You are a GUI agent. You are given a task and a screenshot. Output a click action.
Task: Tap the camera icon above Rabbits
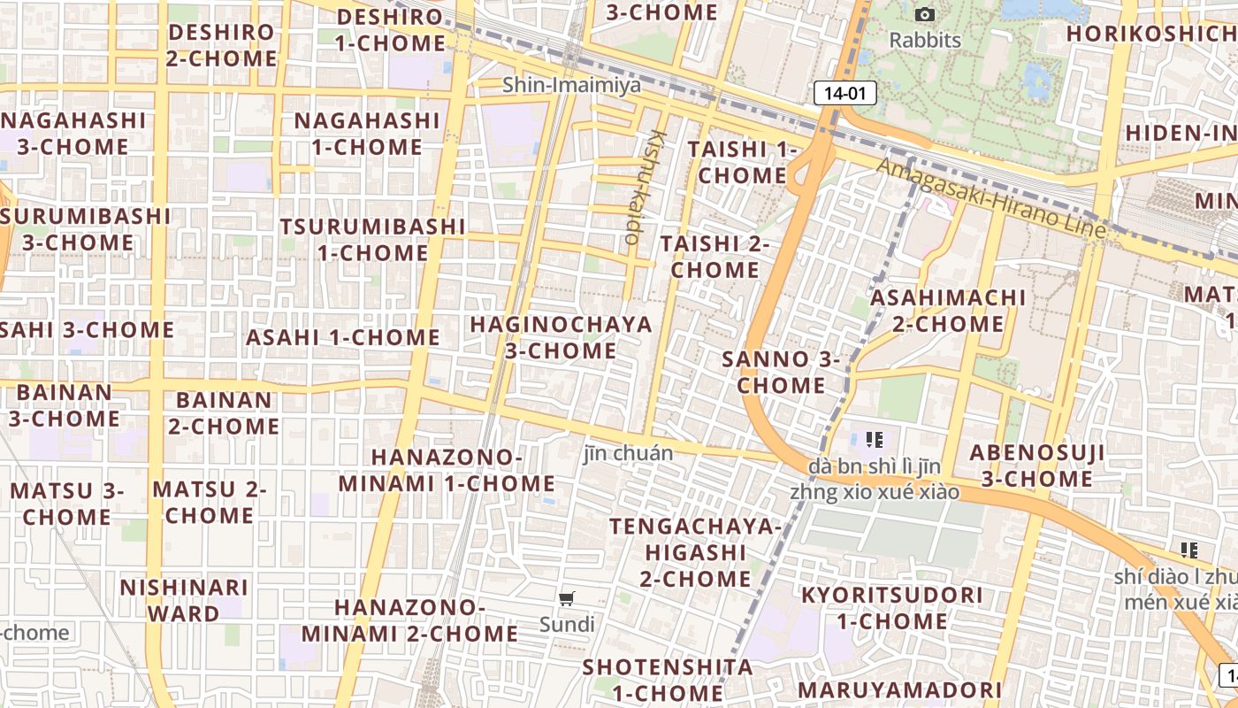tap(925, 15)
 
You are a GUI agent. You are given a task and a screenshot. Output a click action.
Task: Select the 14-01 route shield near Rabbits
tap(844, 92)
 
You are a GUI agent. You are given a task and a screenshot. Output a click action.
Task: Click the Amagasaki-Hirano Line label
tap(991, 198)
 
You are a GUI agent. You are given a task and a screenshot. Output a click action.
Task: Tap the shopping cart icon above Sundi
tap(567, 599)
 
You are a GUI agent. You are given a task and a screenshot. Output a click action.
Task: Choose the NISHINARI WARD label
tap(184, 600)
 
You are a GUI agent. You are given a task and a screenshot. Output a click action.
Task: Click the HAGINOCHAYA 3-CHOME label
tap(561, 337)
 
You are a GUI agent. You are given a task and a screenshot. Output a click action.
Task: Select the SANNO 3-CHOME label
tap(781, 373)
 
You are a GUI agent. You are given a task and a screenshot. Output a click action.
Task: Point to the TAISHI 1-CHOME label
tap(742, 162)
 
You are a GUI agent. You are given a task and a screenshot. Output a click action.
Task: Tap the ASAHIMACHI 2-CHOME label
tap(948, 311)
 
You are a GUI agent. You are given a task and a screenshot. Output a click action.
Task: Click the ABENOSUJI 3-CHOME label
tap(1037, 466)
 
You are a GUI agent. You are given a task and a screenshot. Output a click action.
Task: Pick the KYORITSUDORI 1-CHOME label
tap(891, 608)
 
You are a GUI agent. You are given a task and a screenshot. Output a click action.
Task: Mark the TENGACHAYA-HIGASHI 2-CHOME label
tap(696, 552)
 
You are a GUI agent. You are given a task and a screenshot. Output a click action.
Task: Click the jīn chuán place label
tap(628, 453)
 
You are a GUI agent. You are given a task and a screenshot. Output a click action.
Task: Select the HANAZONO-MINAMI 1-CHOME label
tap(447, 470)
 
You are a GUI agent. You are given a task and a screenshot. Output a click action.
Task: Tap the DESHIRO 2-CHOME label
tap(222, 45)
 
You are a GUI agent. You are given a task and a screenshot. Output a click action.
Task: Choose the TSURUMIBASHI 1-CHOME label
tap(372, 239)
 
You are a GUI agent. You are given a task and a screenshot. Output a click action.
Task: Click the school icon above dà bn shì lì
tap(875, 439)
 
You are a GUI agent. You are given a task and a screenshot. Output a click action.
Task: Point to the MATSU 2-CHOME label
tap(210, 502)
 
